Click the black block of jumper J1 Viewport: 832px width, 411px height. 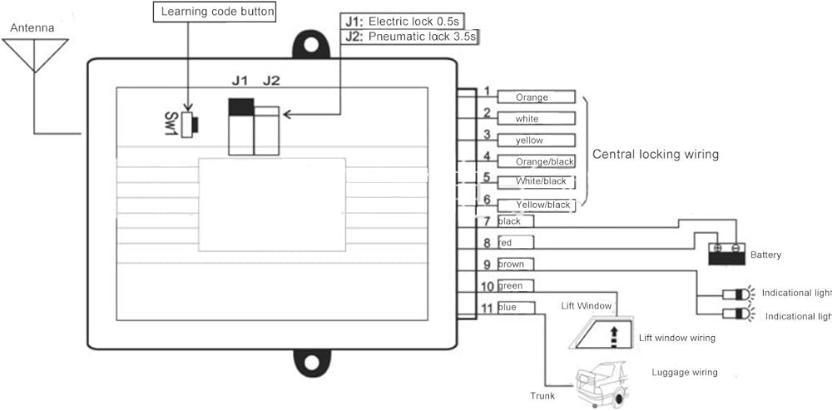coord(240,106)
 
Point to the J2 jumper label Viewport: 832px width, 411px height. coord(271,81)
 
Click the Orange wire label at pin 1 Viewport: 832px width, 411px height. coord(532,97)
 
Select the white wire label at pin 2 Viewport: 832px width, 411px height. coord(527,119)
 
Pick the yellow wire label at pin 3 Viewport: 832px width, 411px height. coord(529,141)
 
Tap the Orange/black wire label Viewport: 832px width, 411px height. coord(545,161)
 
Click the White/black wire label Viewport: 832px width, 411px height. coord(542,181)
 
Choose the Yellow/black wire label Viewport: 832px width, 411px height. coord(543,205)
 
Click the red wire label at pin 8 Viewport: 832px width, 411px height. coord(506,243)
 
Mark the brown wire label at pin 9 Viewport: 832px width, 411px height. coord(511,264)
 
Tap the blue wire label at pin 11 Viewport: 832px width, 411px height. coord(508,308)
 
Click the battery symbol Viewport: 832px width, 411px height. coord(726,254)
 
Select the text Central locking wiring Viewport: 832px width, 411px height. coord(655,154)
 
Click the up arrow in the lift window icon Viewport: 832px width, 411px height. coord(614,334)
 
